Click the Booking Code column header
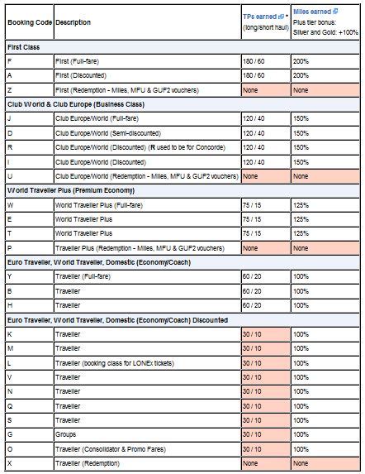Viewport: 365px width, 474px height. [27, 22]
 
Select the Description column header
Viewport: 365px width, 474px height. [73, 22]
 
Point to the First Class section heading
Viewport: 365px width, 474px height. [25, 47]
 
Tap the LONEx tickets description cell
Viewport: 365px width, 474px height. [115, 361]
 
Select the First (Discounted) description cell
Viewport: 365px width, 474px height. [83, 75]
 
